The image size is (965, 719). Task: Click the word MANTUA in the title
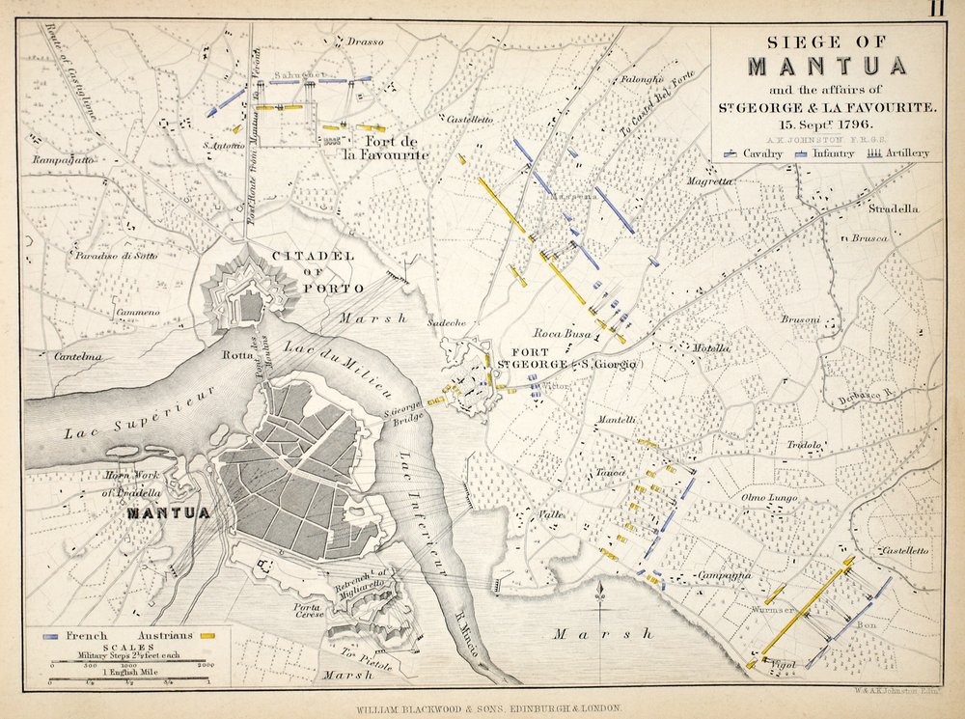click(827, 67)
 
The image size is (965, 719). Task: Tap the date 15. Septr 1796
click(827, 125)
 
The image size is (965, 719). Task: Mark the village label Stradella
click(893, 208)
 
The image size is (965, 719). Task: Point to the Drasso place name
click(366, 41)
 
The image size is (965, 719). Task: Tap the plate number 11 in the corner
click(936, 10)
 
